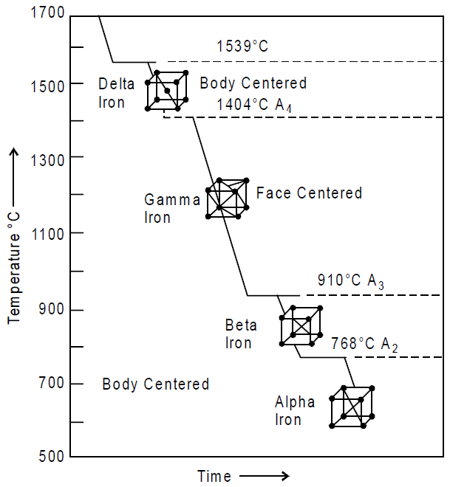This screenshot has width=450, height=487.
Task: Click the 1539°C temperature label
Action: pyautogui.click(x=242, y=46)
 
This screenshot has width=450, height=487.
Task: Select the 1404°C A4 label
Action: pyautogui.click(x=254, y=105)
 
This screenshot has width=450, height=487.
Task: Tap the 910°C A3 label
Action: pyautogui.click(x=350, y=281)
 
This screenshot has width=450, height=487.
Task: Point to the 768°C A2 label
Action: pyautogui.click(x=364, y=345)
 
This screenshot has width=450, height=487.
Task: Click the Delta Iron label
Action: pyautogui.click(x=116, y=93)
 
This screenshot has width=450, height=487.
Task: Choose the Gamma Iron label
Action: pyautogui.click(x=172, y=208)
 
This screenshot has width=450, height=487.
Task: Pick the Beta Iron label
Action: pyautogui.click(x=241, y=334)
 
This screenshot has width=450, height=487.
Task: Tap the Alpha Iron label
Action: pyautogui.click(x=295, y=410)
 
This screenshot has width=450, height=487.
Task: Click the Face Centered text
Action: pyautogui.click(x=309, y=193)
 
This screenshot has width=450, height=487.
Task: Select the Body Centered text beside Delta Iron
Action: pyautogui.click(x=253, y=83)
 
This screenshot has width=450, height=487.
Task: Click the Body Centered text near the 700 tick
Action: pyautogui.click(x=155, y=384)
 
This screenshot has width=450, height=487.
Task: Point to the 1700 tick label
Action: pyautogui.click(x=47, y=13)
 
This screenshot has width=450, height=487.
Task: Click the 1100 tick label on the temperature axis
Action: pyautogui.click(x=48, y=234)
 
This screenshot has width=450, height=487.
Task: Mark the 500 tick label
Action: pyautogui.click(x=51, y=456)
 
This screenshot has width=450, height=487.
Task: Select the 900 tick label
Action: pyautogui.click(x=51, y=309)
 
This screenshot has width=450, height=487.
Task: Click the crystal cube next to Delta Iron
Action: pyautogui.click(x=167, y=91)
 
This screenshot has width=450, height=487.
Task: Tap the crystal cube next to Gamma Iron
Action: pyautogui.click(x=228, y=198)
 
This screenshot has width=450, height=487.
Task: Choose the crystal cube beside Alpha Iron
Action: pyautogui.click(x=352, y=407)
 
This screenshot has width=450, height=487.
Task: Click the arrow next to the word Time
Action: pyautogui.click(x=265, y=475)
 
